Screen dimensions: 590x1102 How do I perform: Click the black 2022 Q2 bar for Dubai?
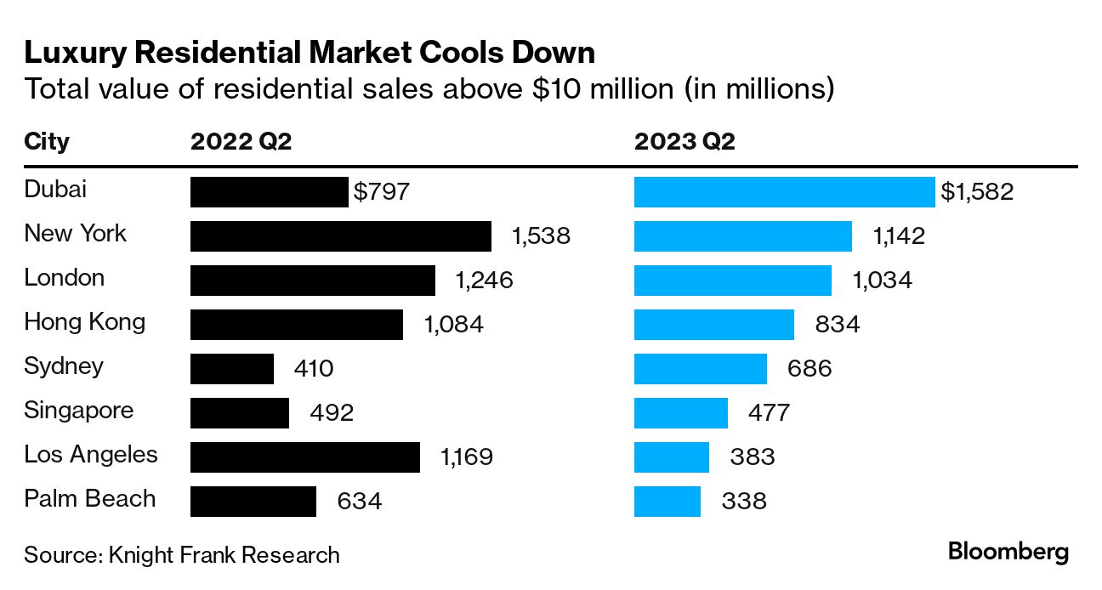click(269, 192)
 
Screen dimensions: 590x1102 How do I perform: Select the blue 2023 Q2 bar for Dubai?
click(784, 192)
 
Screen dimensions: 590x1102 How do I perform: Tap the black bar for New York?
click(340, 236)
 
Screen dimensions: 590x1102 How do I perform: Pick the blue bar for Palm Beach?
click(667, 502)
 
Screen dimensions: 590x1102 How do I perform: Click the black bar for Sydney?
click(232, 369)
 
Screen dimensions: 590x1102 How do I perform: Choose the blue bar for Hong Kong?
click(714, 325)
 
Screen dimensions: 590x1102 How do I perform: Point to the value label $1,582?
click(977, 192)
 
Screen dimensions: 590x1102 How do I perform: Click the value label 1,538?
click(541, 236)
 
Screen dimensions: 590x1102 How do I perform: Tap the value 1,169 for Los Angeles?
click(466, 457)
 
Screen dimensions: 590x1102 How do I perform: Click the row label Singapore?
click(78, 411)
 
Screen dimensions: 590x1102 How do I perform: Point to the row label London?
click(65, 278)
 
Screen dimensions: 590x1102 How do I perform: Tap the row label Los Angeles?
click(91, 455)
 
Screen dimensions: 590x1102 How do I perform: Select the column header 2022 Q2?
click(241, 142)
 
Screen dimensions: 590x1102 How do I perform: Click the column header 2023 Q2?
click(684, 142)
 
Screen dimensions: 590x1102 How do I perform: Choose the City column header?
click(47, 142)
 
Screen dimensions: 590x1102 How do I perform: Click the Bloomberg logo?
click(1008, 552)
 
